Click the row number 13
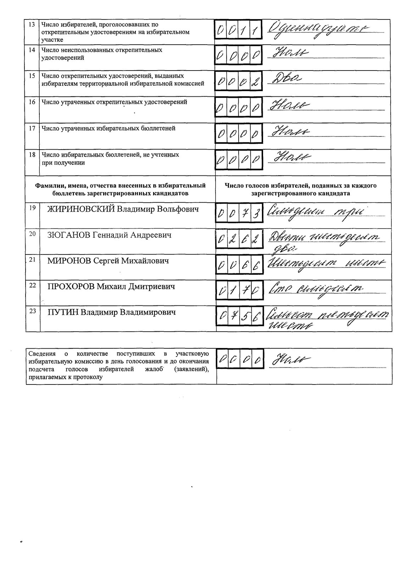point(32,24)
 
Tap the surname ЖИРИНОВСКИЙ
point(81,209)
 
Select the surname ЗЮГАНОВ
point(69,235)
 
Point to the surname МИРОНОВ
point(69,261)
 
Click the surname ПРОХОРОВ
point(71,286)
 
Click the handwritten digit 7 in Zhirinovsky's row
point(245,214)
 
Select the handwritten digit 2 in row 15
point(256,83)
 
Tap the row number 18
point(32,155)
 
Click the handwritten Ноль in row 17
point(290,132)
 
